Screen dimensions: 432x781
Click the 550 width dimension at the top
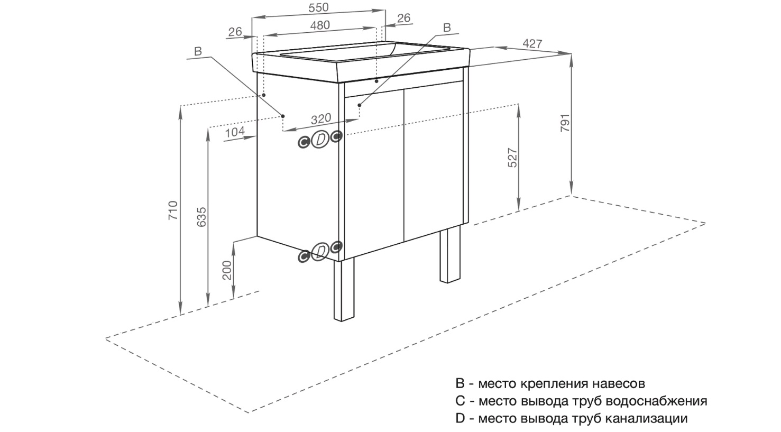coord(318,7)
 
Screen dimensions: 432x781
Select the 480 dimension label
coord(319,25)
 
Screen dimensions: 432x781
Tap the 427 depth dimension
coord(532,44)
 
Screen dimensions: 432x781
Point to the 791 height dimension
coord(565,124)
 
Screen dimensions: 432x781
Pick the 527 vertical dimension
coord(512,158)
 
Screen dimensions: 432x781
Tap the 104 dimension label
coord(234,132)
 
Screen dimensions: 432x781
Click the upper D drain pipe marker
coord(320,140)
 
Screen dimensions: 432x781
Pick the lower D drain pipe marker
coord(319,252)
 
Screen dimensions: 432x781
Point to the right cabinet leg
coord(451,255)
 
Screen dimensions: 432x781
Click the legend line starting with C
coord(581,401)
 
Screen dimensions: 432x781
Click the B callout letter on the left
coord(198,51)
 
